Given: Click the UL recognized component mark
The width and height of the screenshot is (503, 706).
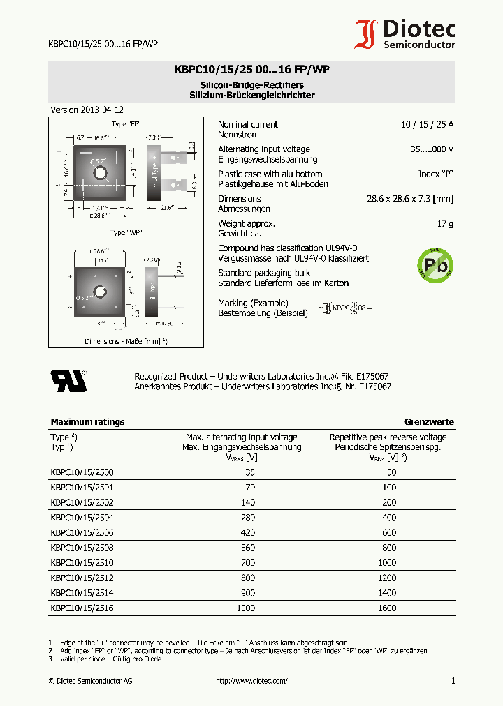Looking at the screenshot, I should click(68, 381).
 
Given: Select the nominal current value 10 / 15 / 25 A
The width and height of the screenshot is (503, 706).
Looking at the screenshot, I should click(427, 125).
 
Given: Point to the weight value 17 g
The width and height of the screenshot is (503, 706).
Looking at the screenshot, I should click(446, 224).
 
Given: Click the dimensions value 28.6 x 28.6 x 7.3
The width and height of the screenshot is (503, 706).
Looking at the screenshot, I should click(409, 199).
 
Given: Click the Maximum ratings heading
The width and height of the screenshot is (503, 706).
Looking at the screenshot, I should click(87, 422).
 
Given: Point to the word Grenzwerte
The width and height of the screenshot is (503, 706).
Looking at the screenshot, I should click(429, 422).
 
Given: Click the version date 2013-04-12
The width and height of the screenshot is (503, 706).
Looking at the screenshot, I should click(103, 110).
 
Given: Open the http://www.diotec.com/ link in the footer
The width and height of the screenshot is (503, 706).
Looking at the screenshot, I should click(251, 681).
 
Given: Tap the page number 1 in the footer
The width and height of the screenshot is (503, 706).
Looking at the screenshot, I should click(453, 681).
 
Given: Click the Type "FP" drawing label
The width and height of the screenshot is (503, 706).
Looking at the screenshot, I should click(126, 123).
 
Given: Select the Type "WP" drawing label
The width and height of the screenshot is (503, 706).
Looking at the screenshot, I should click(126, 232).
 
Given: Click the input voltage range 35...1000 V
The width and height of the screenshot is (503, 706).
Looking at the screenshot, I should click(432, 149).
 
